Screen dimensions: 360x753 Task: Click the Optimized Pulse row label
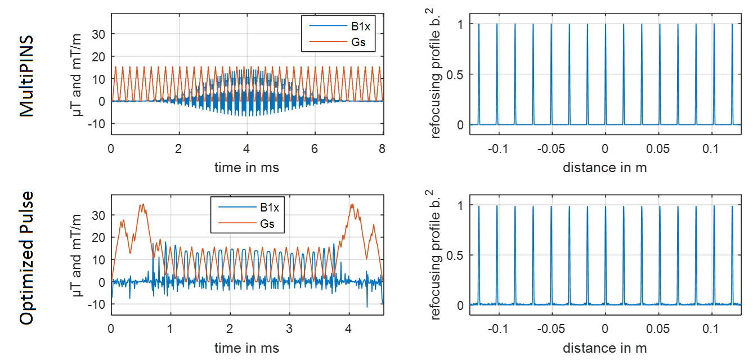click(x=27, y=258)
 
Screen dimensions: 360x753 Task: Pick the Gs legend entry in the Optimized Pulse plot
click(x=269, y=224)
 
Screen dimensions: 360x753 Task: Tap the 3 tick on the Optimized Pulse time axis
click(x=289, y=330)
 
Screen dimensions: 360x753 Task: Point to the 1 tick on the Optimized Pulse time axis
click(x=171, y=330)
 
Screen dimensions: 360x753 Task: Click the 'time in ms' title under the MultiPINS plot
click(x=246, y=167)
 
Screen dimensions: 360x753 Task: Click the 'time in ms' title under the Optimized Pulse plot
click(x=246, y=348)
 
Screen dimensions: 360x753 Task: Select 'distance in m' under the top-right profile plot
click(x=604, y=167)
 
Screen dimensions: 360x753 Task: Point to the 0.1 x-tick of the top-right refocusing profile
click(x=658, y=149)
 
